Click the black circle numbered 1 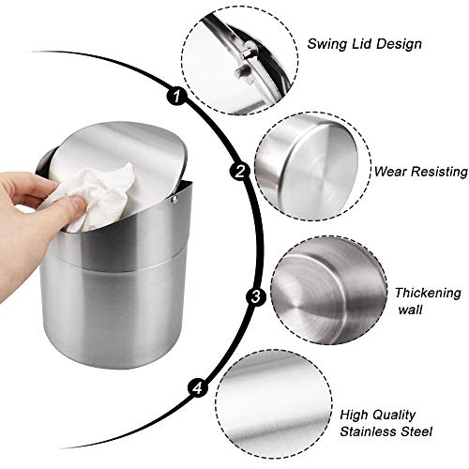[x=176, y=96]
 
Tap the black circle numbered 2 [x=240, y=172]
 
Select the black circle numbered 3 [x=256, y=296]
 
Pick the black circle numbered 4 [x=198, y=388]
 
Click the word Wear [x=391, y=172]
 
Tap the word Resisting [x=440, y=173]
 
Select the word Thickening [x=428, y=294]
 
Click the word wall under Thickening [x=411, y=310]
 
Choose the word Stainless [x=369, y=431]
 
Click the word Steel [x=416, y=431]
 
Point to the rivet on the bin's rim [x=175, y=199]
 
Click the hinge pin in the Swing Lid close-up [x=248, y=53]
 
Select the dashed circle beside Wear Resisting [x=312, y=167]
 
